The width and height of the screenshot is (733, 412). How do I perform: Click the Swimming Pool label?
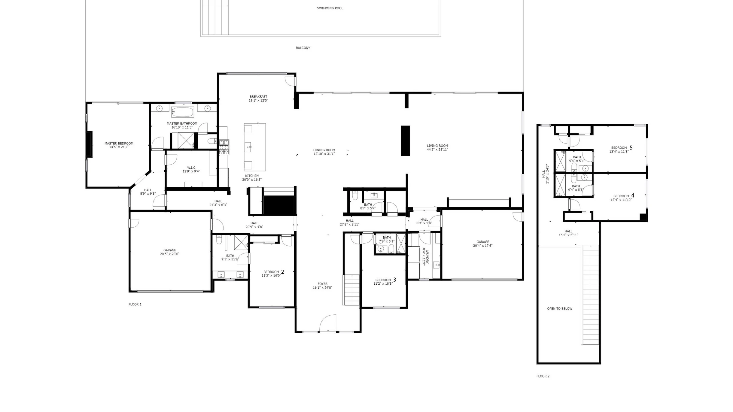point(330,8)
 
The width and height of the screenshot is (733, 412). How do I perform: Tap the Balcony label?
point(303,48)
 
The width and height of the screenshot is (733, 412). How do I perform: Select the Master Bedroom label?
point(119,144)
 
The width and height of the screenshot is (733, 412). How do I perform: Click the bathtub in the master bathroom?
point(183,112)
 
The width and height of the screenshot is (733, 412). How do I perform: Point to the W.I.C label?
point(191,168)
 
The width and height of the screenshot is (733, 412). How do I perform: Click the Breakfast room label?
point(258,97)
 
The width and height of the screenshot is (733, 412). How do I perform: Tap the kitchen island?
point(255,147)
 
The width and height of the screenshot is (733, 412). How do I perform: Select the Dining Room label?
point(324,150)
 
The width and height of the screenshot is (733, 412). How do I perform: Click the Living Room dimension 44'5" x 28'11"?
point(437,150)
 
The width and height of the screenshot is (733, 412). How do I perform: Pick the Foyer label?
point(323,284)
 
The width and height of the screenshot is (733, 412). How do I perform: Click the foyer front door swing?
point(328,323)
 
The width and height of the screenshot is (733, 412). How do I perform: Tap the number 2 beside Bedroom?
point(282,272)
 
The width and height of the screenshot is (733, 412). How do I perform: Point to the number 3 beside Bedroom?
point(395,280)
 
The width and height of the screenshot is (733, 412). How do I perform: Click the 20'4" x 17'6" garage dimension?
point(483,246)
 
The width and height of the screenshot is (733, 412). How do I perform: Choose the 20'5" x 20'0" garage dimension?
point(170,254)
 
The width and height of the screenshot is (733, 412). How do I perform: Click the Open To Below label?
point(560,309)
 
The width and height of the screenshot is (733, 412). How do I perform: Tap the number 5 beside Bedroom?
point(631,147)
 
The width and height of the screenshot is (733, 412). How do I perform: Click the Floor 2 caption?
point(543,376)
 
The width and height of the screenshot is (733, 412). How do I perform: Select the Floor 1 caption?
point(135,304)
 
